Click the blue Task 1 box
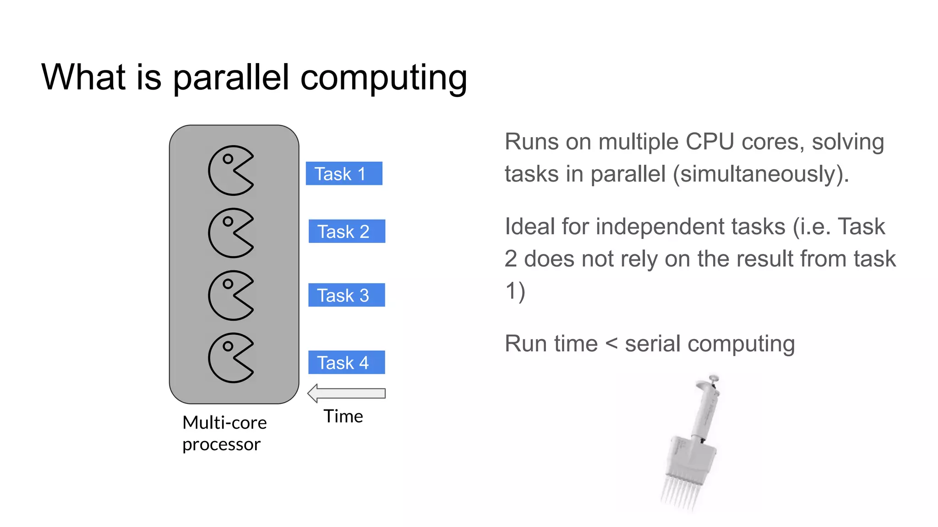[x=344, y=173]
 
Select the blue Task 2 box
[x=347, y=231]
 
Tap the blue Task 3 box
[x=347, y=295]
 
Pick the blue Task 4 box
[x=347, y=362]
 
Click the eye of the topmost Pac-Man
[x=228, y=159]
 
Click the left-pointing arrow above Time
[x=347, y=393]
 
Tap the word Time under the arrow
[x=343, y=416]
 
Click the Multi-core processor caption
[x=224, y=433]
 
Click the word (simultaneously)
[x=761, y=174]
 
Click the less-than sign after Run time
[x=611, y=344]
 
